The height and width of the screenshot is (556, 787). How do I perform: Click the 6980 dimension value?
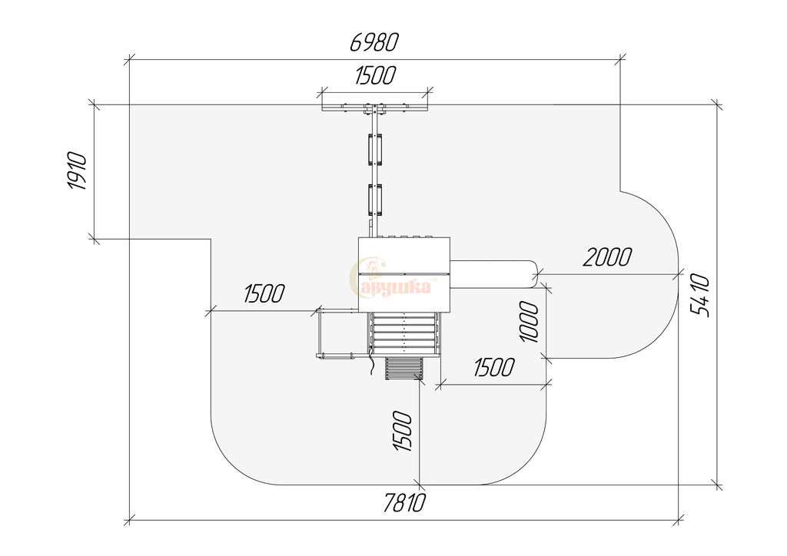(374, 42)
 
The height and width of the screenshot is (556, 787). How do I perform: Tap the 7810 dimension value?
(404, 502)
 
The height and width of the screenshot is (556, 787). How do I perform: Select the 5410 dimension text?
(700, 296)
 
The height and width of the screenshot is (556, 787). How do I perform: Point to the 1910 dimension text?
(78, 170)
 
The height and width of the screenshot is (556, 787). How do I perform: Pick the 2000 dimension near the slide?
(607, 256)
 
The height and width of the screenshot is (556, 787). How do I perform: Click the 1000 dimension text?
(530, 322)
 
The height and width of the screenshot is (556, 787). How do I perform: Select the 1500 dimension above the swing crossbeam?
(375, 75)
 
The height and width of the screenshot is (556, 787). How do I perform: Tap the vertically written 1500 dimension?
(403, 431)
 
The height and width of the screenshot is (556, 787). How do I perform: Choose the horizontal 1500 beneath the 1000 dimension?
(494, 368)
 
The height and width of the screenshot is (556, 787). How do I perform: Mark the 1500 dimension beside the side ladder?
(264, 294)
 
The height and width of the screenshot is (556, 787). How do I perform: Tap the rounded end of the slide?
(534, 274)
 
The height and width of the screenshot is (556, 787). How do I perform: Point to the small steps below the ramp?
(403, 369)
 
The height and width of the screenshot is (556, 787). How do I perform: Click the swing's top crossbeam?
(374, 108)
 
